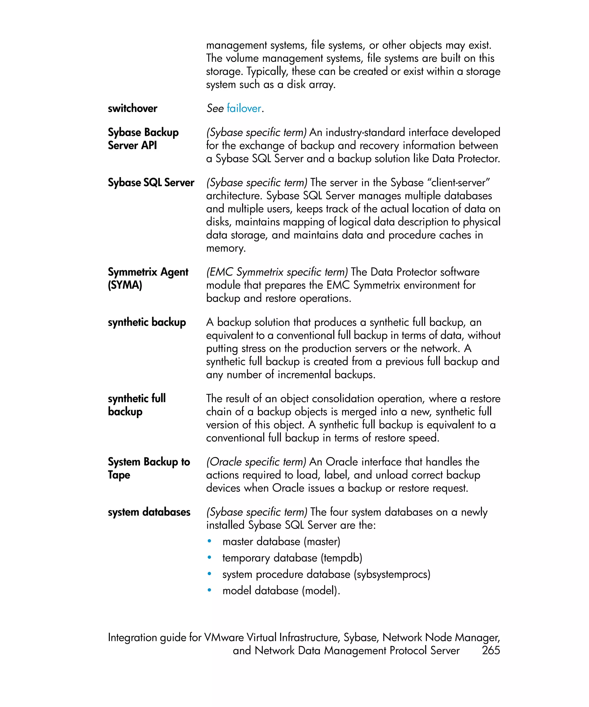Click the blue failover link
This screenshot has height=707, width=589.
[244, 108]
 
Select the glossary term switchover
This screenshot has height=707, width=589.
[132, 108]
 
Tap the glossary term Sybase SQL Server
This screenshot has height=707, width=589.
[151, 182]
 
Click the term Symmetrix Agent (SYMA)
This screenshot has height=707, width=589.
[148, 278]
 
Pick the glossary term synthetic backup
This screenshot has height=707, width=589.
[147, 322]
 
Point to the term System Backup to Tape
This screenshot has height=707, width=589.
[148, 468]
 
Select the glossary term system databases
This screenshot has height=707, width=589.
[149, 512]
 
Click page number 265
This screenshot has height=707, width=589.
[490, 650]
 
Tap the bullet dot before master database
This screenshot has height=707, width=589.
[209, 541]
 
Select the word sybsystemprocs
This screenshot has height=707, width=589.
[392, 574]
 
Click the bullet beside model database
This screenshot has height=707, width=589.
[209, 590]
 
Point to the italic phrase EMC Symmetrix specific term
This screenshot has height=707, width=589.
[277, 272]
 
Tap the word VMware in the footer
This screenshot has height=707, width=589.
[223, 637]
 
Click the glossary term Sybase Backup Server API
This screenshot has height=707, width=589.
[143, 139]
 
